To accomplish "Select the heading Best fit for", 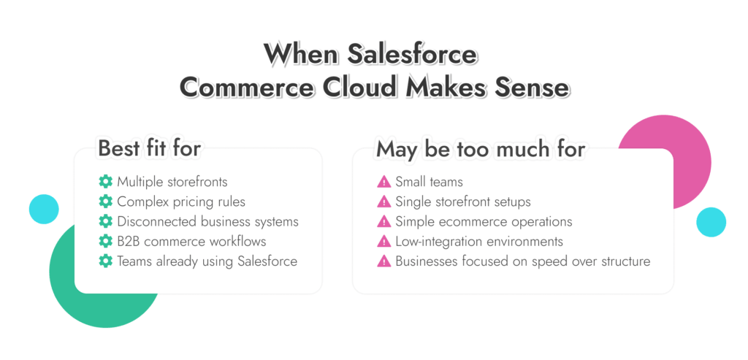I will coord(149,148).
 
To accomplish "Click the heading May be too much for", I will coord(480,149).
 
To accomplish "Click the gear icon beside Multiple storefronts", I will coord(105,182).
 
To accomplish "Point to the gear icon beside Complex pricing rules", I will coord(105,202).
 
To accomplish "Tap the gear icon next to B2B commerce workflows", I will coord(105,241).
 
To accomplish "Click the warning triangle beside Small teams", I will coord(383,182).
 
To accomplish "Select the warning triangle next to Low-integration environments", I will coord(383,241).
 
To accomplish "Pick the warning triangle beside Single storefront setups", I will coord(383,202).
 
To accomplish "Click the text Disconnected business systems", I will coord(207,221).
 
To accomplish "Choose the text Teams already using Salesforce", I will coord(207,261).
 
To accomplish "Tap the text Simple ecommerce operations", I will coord(484,221).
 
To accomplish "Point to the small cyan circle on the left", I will coord(44,209).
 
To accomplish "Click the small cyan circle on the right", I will coord(710,222).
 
